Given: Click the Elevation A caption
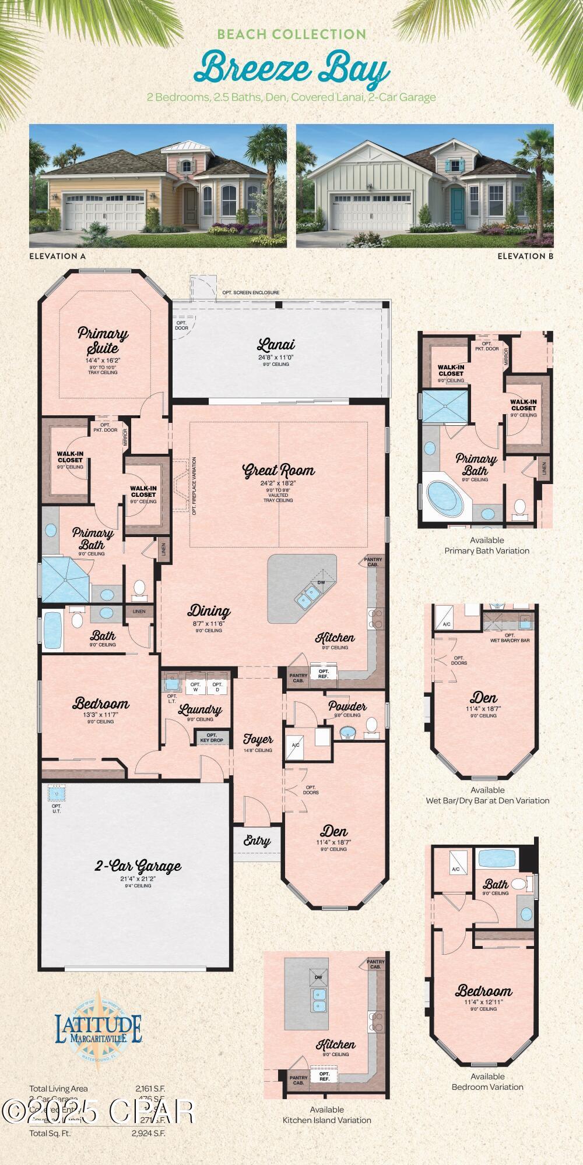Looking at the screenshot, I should (54, 256).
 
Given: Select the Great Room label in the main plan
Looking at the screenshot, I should (279, 471).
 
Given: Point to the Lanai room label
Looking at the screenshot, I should (276, 345).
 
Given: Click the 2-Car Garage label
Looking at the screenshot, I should (138, 867).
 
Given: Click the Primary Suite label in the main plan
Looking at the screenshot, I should (103, 341).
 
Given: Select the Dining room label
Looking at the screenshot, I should (209, 611).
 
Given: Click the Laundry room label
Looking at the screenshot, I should (200, 710).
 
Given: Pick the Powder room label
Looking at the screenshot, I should (347, 707).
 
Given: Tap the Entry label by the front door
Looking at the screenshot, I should (257, 841).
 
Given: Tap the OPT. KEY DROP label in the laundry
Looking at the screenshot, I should (212, 738).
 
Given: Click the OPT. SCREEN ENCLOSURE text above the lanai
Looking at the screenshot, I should (251, 292).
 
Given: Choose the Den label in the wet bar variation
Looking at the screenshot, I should (484, 698).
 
